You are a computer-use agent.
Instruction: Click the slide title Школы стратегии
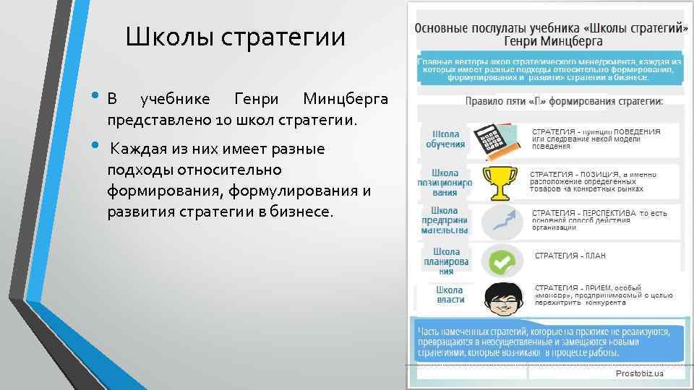pos(235,37)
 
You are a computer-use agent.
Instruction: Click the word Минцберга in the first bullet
pos(346,99)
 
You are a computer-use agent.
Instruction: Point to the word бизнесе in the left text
pos(300,212)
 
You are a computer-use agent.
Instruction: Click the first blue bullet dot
pos(97,97)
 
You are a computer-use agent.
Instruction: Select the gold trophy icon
pos(498,183)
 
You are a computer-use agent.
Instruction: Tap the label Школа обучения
pos(445,139)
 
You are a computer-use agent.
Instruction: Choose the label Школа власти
pos(450,295)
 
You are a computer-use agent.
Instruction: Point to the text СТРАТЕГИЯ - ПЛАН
pos(570,256)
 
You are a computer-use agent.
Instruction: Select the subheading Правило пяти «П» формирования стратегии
pos(564,102)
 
